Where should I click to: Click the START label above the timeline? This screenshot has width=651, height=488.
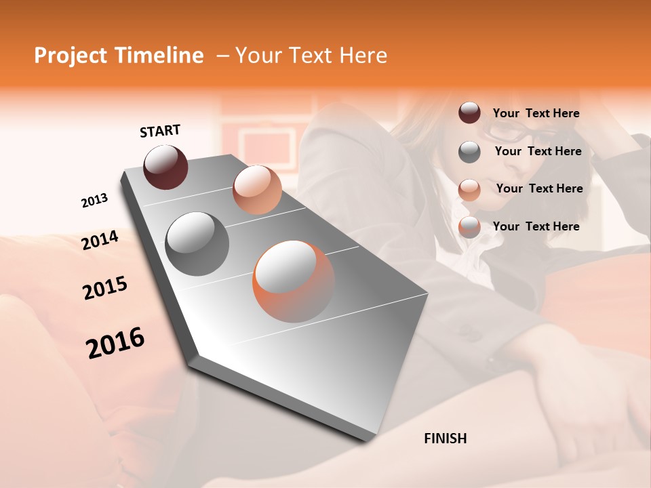click(x=160, y=131)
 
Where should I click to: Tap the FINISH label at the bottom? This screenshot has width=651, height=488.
click(x=445, y=439)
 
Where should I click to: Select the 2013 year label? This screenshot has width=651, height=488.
click(x=94, y=201)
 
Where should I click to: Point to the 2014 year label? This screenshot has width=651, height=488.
click(x=100, y=240)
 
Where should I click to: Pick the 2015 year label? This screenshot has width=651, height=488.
click(x=105, y=288)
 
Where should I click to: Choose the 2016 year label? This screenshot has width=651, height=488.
click(x=115, y=342)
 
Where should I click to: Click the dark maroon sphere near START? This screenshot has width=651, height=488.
click(x=165, y=167)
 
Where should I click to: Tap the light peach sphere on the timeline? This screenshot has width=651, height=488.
click(x=257, y=190)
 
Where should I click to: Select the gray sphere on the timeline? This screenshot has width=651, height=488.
click(x=197, y=244)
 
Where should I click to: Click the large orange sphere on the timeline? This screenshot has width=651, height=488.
click(x=294, y=281)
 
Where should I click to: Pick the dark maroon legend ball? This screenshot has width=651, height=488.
click(x=469, y=113)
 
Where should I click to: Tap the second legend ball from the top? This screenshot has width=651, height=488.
click(x=469, y=152)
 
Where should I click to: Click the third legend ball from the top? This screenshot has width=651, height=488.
click(x=469, y=190)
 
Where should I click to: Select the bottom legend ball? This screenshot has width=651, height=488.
click(x=469, y=228)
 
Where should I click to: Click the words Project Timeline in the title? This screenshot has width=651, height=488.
click(x=119, y=56)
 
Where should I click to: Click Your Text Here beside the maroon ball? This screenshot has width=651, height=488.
click(x=536, y=114)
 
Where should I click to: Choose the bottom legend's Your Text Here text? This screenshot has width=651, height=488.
click(x=536, y=226)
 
